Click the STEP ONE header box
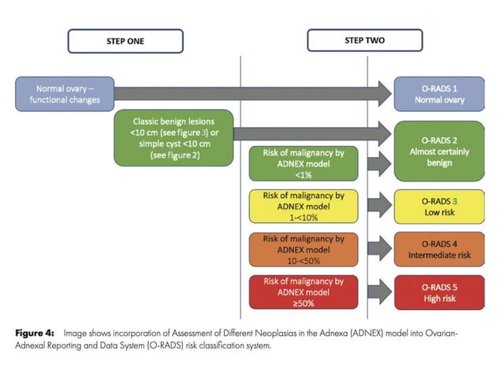[x=125, y=41]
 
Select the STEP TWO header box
[x=364, y=40]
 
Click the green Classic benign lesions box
[x=173, y=138]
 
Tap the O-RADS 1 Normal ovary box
[x=439, y=94]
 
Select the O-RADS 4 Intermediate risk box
[x=439, y=249]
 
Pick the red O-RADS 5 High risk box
[x=439, y=292]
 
